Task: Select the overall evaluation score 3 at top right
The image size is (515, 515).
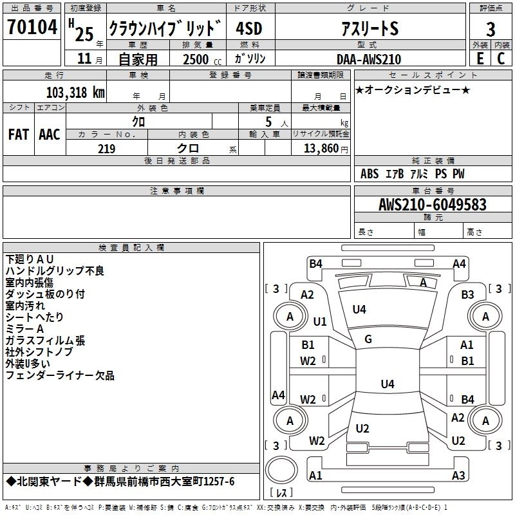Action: click(491, 30)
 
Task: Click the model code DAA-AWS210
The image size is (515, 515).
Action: click(368, 59)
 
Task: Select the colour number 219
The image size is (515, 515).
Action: click(106, 149)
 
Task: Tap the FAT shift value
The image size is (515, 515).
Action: click(19, 135)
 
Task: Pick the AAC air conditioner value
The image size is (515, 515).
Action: click(50, 135)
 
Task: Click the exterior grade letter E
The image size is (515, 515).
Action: click(480, 59)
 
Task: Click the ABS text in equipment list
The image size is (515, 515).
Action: click(370, 174)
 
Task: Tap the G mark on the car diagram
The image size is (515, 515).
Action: click(368, 339)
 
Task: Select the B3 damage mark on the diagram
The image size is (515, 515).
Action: click(467, 295)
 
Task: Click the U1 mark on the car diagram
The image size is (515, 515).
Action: click(320, 321)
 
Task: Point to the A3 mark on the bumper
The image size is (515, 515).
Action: click(458, 476)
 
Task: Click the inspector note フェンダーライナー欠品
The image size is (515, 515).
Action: click(60, 375)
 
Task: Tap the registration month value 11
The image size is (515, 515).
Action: click(84, 59)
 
